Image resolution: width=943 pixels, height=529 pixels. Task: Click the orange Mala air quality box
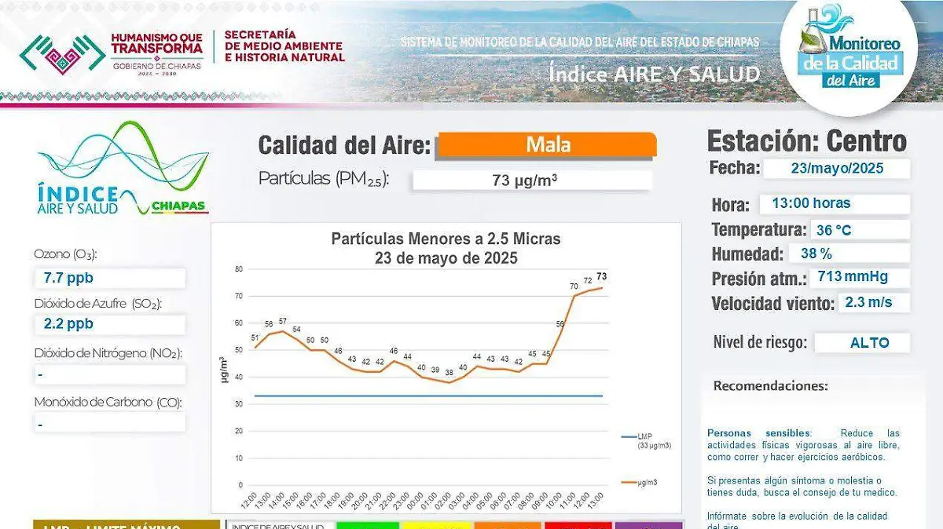547,145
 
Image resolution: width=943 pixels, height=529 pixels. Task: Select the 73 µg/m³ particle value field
531,181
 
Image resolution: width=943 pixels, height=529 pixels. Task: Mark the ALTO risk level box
862,343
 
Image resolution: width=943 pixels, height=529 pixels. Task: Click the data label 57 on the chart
283,321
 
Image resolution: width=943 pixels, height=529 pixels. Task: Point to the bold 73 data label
601,276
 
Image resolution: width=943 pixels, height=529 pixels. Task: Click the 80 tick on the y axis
238,269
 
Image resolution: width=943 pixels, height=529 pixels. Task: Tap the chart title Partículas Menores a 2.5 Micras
446,239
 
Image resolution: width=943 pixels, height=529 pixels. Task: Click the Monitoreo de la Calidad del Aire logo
850,51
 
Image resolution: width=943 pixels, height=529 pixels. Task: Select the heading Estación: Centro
806,141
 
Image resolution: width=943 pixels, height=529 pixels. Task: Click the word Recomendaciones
770,386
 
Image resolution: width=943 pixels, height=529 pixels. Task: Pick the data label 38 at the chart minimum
449,372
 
